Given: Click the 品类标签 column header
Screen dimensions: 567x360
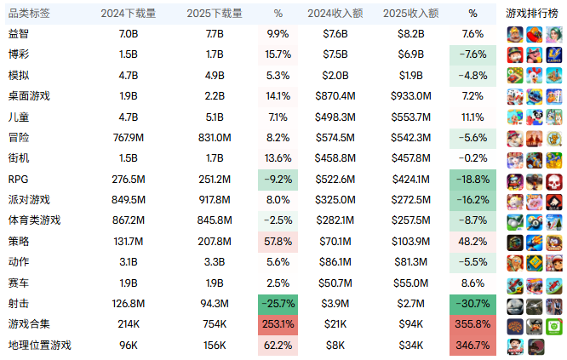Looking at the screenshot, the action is click(29, 14).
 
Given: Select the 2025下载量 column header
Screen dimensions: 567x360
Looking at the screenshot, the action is click(214, 14).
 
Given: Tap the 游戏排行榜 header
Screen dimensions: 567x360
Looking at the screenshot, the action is click(532, 14).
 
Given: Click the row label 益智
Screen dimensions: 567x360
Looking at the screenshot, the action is click(19, 34).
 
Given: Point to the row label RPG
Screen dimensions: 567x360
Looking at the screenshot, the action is click(18, 180).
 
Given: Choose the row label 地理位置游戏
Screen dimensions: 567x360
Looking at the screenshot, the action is click(40, 346).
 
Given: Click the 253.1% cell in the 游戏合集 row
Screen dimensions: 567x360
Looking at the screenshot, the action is click(278, 324).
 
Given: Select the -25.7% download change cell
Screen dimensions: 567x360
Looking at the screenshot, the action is click(278, 304).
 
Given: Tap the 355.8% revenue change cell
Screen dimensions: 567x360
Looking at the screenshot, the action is click(472, 324).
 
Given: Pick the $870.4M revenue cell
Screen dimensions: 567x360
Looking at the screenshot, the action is click(335, 96).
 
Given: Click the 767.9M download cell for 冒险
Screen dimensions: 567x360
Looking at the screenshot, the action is click(129, 138).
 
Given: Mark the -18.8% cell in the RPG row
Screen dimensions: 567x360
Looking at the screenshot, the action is click(472, 180).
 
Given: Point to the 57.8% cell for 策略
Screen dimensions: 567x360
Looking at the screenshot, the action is click(278, 242).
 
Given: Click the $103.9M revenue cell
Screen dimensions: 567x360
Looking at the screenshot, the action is click(411, 242).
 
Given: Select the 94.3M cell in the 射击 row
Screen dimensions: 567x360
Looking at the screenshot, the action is click(215, 304).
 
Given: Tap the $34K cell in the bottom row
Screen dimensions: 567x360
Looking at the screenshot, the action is click(411, 346).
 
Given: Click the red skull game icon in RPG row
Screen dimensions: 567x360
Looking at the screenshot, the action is click(554, 182).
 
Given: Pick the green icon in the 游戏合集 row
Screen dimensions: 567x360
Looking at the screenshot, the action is click(554, 327).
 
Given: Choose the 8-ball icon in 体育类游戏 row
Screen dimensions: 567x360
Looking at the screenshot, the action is click(535, 223).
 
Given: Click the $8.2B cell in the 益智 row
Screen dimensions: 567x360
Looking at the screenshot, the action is click(411, 34).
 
